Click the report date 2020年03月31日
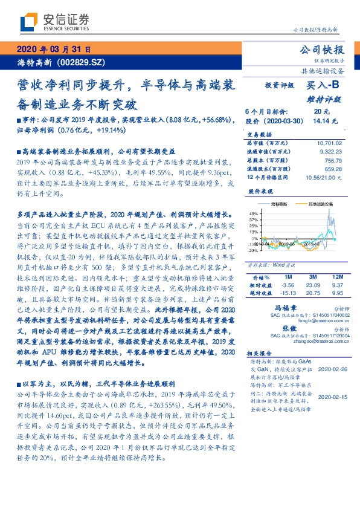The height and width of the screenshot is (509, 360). (x=54, y=50)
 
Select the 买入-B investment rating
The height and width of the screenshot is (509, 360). (x=321, y=86)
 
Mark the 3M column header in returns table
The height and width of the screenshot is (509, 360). (x=312, y=276)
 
